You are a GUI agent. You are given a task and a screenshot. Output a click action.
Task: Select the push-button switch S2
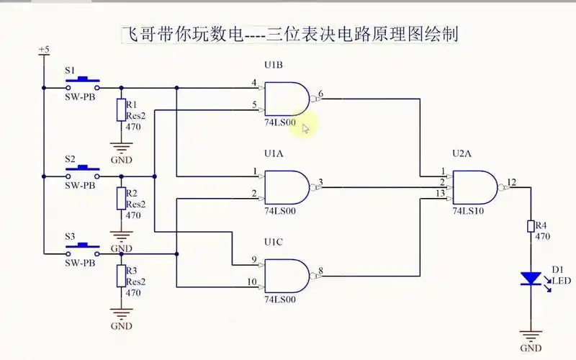point(81,169)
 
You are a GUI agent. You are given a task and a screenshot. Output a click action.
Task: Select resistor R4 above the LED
point(531,227)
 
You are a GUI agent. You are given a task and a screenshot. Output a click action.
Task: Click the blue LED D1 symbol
point(531,278)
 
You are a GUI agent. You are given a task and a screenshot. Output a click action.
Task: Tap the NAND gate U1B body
point(287,99)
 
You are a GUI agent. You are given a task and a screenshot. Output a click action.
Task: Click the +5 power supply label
point(44,49)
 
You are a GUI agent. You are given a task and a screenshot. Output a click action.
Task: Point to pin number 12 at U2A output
point(511,181)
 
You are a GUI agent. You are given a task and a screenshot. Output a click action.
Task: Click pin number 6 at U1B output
point(320,94)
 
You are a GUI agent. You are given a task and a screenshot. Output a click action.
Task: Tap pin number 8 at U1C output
point(320,271)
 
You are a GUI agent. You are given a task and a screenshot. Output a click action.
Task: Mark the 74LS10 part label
point(468,212)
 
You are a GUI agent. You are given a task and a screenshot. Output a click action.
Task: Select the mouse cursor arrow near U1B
point(306,129)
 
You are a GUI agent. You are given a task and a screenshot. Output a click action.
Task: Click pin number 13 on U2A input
point(438,193)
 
